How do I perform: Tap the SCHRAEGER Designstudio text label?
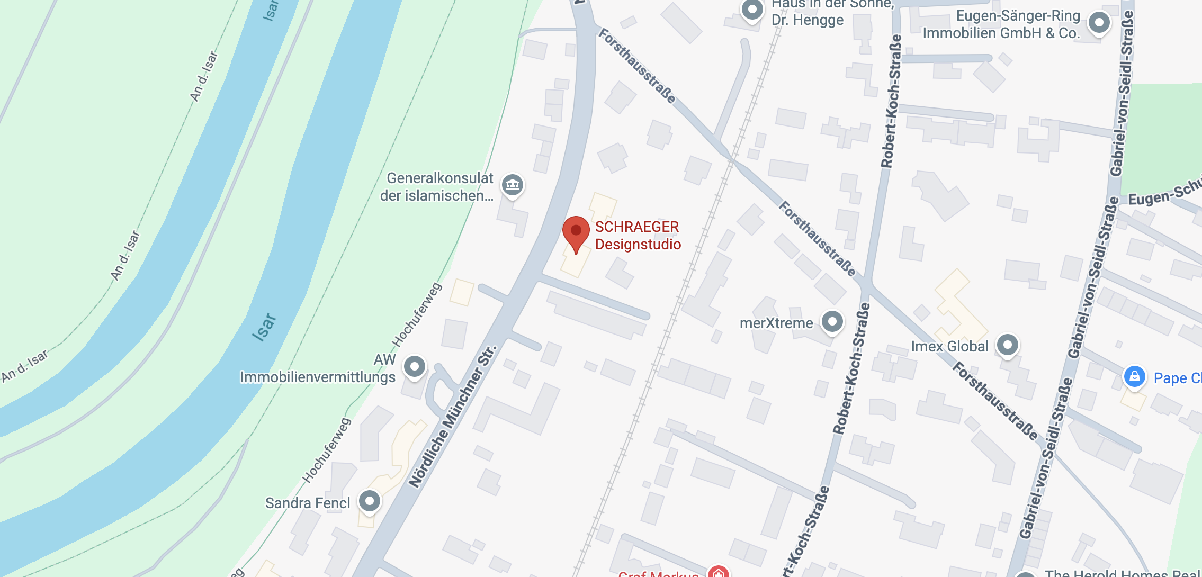click(638, 236)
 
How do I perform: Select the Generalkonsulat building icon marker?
click(512, 185)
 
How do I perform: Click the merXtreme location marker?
click(832, 321)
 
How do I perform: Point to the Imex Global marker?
click(1007, 345)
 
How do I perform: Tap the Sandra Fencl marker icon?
click(369, 501)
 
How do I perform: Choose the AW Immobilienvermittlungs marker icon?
click(414, 366)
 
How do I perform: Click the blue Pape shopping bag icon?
click(1134, 377)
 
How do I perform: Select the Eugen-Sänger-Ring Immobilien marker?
click(1099, 23)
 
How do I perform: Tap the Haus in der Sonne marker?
click(752, 10)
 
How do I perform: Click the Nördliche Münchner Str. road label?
click(453, 416)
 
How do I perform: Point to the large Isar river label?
click(264, 327)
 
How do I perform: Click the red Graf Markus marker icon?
click(718, 572)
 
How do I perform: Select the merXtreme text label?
click(776, 323)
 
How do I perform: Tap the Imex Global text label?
click(949, 347)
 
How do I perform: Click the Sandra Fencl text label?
click(308, 503)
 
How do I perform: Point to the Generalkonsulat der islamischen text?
click(437, 187)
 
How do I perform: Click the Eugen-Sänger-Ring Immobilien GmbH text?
click(1001, 25)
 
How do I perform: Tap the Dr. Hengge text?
click(807, 20)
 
